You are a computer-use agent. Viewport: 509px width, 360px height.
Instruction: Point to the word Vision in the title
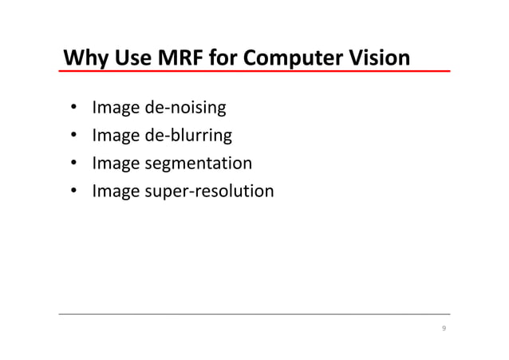point(382,59)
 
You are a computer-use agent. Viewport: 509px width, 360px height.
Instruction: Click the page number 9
point(444,329)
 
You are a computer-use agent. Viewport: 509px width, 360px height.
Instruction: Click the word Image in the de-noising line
point(115,108)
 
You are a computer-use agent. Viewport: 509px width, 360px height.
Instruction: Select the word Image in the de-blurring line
point(115,136)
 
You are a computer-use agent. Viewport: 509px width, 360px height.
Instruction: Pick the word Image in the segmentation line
point(115,164)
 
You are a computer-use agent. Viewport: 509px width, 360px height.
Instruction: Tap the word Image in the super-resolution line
point(115,192)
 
